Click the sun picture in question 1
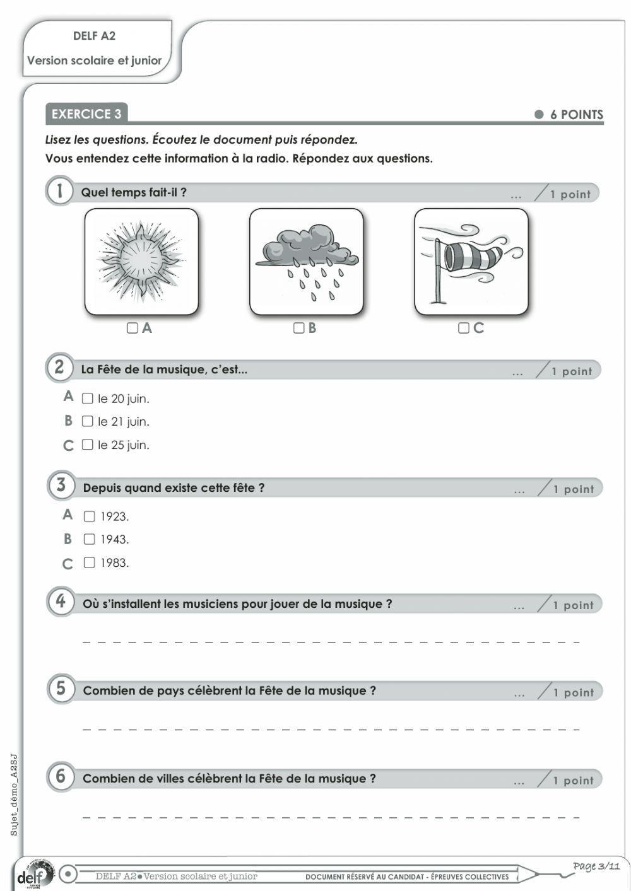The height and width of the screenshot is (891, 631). coord(141,261)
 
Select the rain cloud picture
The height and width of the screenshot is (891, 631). coord(307,261)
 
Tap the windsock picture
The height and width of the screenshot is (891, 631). coord(471,261)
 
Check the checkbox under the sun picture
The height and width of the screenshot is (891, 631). coord(133,328)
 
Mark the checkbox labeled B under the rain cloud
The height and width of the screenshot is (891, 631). coord(298,328)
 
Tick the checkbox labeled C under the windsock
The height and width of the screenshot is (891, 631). coord(464,328)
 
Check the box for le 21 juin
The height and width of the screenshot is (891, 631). coord(88,421)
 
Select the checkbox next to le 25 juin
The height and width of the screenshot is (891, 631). coord(88,445)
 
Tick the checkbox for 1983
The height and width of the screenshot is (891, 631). coord(90,562)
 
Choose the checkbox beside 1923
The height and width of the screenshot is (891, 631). coord(90,516)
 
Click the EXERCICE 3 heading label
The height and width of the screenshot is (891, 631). coord(86,114)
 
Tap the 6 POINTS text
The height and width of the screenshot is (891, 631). coord(576,115)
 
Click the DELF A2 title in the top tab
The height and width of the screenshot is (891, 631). coord(95,36)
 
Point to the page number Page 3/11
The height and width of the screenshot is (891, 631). coord(596,866)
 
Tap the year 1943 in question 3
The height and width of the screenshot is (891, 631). coord(114,540)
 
